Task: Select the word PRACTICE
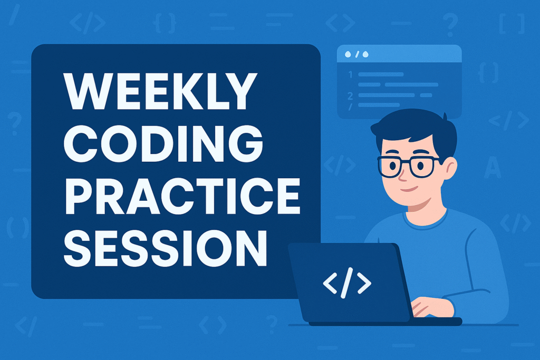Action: pos(181,197)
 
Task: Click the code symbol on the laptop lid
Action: pos(346,284)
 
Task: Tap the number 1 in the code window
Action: pos(350,75)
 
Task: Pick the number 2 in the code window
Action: pos(350,95)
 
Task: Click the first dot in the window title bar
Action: pos(347,54)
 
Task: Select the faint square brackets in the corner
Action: pos(512,24)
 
